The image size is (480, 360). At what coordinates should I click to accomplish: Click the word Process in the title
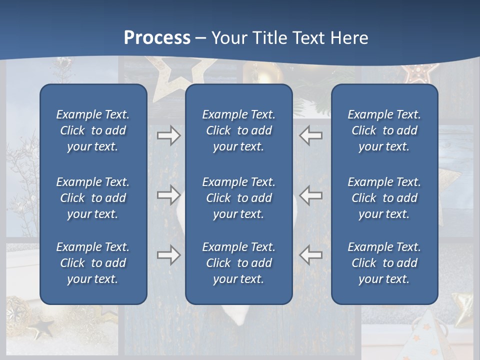(x=157, y=37)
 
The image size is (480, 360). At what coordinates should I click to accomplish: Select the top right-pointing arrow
(x=168, y=135)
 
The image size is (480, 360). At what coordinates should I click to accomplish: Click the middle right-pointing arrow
(x=168, y=195)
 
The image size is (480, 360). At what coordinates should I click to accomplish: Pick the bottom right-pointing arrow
(x=168, y=255)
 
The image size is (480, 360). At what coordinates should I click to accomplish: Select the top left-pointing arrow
(x=311, y=135)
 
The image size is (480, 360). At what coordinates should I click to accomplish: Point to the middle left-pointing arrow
(x=311, y=195)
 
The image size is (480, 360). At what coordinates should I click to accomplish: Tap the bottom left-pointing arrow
(x=311, y=255)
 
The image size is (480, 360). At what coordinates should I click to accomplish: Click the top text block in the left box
(x=93, y=130)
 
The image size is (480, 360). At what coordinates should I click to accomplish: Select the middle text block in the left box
(x=93, y=198)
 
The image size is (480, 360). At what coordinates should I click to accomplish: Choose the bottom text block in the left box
(x=93, y=263)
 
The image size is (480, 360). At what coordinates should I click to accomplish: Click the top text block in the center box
(x=238, y=130)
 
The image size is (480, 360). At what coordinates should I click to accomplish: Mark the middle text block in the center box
(x=238, y=198)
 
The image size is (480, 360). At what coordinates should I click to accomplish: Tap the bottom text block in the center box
(x=238, y=263)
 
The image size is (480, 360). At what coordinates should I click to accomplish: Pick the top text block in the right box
(x=384, y=130)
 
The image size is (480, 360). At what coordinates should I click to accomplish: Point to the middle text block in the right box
(x=384, y=198)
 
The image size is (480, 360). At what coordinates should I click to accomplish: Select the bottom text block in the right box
(x=384, y=263)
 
